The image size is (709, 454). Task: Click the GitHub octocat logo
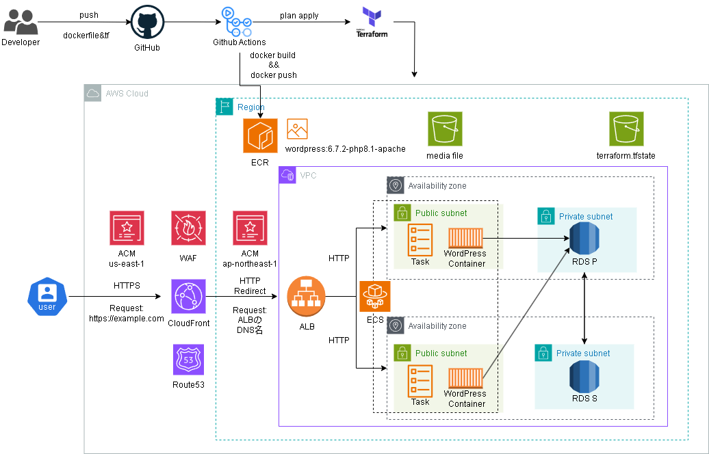[x=148, y=22]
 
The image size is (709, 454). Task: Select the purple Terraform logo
[x=372, y=16]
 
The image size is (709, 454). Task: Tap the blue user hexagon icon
[x=47, y=297]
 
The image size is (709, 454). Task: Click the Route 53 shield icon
[x=188, y=360]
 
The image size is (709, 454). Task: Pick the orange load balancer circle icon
[x=306, y=297]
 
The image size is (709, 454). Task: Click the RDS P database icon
[x=584, y=239]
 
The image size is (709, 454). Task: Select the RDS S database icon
[x=584, y=377]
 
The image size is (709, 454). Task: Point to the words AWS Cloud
[x=127, y=94]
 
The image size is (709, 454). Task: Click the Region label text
[x=251, y=107]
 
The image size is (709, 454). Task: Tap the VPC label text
[x=308, y=176]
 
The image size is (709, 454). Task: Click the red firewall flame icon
[x=188, y=228]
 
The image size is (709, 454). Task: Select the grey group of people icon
[x=21, y=22]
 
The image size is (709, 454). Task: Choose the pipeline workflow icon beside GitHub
[x=237, y=22]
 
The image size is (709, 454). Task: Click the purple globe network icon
[x=188, y=297]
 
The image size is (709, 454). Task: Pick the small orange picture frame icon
[x=297, y=129]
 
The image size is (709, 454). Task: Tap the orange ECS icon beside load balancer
[x=375, y=297]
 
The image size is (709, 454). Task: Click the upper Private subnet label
[x=586, y=217]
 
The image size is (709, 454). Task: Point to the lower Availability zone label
[x=437, y=326]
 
